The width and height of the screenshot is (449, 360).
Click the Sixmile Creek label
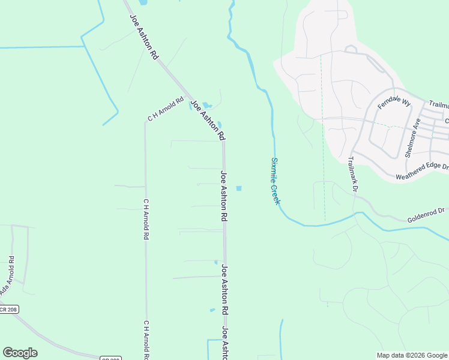[275, 181]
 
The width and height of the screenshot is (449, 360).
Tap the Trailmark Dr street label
[352, 175]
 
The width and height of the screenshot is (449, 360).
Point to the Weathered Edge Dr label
[422, 172]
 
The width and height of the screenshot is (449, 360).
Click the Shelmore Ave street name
[413, 137]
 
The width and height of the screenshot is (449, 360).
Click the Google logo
[20, 353]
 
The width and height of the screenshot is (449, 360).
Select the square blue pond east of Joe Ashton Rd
[239, 188]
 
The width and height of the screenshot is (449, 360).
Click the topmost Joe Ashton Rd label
[145, 37]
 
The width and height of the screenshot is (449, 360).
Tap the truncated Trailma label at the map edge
[439, 105]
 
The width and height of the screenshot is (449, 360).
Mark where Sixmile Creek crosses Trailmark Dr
[358, 213]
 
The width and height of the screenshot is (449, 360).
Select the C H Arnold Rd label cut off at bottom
[145, 340]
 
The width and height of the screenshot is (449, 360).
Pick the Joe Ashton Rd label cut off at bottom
[224, 343]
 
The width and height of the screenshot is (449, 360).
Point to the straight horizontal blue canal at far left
[39, 47]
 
